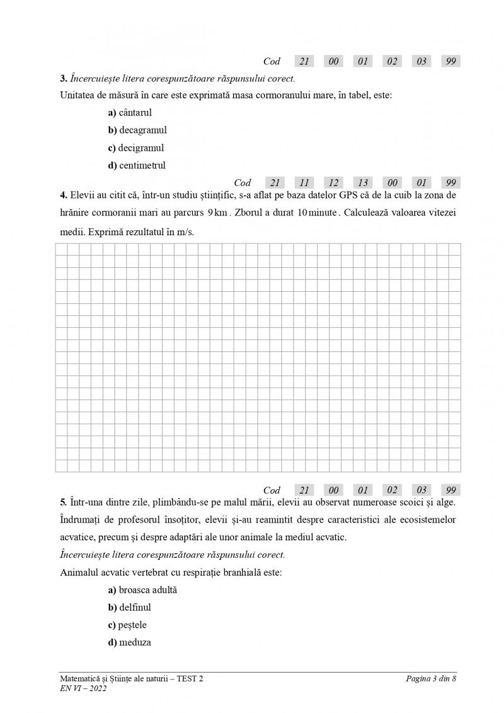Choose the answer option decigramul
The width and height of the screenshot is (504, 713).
136,148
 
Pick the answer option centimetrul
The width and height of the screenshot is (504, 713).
137,166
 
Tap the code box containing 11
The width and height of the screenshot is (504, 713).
304,183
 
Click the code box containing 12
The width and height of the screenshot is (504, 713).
334,183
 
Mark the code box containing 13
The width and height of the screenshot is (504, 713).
363,183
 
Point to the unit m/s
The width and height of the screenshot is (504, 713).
183,231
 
